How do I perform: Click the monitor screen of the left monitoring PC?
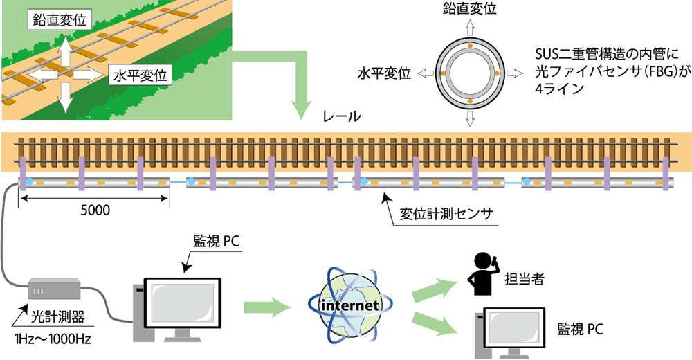click(182, 301)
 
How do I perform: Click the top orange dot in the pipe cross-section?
click(469, 46)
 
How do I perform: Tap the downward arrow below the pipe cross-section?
click(469, 118)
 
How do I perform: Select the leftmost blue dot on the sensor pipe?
click(30, 181)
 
